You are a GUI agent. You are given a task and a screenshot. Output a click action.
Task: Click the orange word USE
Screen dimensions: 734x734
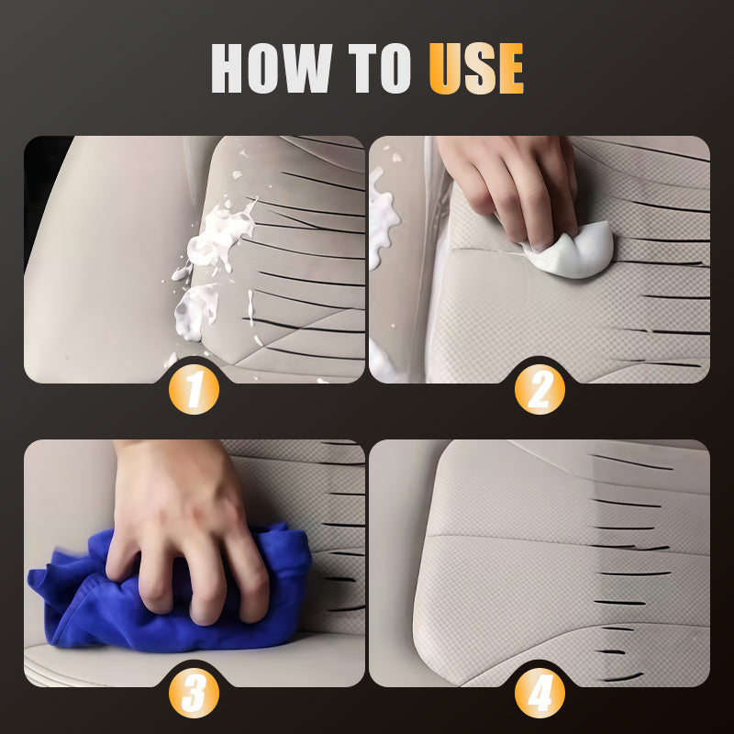476,68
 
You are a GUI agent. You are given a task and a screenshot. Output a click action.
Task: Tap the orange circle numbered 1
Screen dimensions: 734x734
195,389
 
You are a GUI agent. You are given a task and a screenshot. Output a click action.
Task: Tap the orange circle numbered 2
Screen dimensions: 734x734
539,389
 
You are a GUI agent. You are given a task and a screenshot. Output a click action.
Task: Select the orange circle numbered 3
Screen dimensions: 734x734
195,694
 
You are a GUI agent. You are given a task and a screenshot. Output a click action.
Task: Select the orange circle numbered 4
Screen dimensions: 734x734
539,694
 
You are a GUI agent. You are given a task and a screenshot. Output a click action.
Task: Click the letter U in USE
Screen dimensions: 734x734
444,68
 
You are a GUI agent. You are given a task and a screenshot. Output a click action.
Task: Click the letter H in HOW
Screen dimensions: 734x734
233,68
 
